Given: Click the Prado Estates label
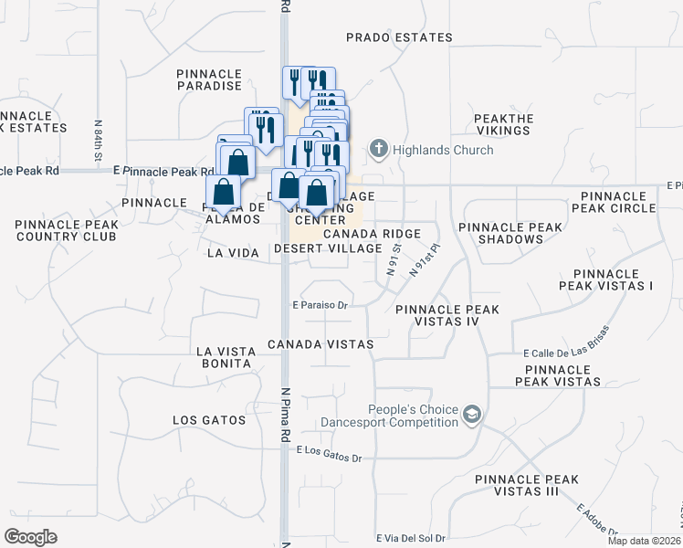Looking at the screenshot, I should click(x=399, y=37).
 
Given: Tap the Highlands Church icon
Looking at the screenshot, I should click(x=379, y=148).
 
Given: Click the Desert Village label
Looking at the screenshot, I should click(x=327, y=248).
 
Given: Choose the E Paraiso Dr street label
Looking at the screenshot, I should click(x=321, y=306).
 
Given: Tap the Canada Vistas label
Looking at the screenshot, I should click(x=320, y=344).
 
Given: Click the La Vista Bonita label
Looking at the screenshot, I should click(x=224, y=357).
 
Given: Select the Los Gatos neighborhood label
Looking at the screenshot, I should click(x=209, y=420).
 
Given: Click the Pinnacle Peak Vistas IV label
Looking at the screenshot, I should click(x=447, y=316).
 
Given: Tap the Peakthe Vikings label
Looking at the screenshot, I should click(x=502, y=125).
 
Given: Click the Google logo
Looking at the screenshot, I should click(x=31, y=537).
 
